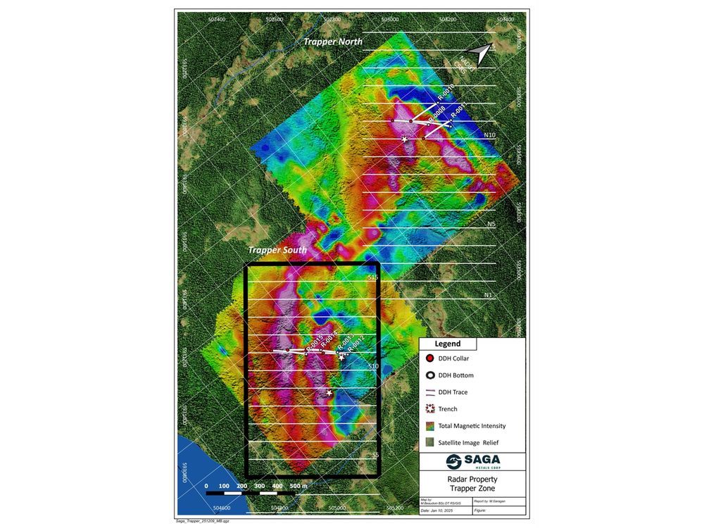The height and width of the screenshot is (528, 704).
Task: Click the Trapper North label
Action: point(332,42)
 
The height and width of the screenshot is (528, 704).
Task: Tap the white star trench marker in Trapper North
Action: point(405,139)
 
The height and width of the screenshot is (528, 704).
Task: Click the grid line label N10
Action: point(491,134)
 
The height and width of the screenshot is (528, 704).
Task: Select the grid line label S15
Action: point(373,278)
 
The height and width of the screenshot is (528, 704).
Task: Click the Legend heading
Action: point(448,344)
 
